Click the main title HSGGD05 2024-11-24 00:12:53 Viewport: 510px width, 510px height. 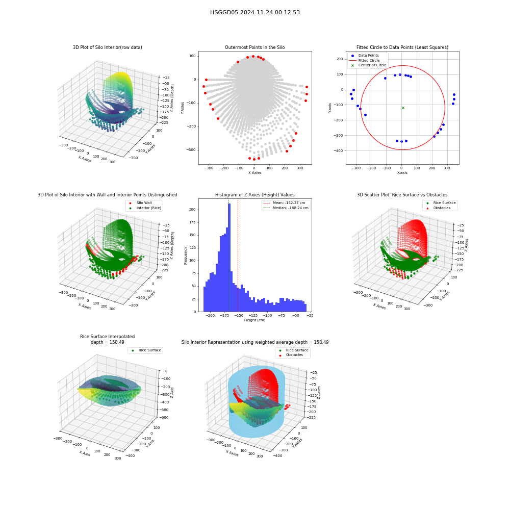pos(254,12)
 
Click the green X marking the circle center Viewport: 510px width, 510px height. pos(403,108)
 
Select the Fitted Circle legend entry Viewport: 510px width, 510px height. pos(364,61)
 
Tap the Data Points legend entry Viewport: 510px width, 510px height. pos(364,56)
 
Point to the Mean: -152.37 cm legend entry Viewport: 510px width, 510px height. pos(284,202)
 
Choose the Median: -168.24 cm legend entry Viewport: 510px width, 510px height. pos(286,208)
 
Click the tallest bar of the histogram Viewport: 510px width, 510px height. pos(229,258)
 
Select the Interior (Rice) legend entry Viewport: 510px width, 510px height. pos(145,208)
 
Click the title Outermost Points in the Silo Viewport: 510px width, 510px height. pos(254,47)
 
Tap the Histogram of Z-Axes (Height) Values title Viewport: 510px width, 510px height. pos(254,195)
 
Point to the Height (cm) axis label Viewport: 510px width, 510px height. pos(254,320)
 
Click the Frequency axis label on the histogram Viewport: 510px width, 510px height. pos(186,256)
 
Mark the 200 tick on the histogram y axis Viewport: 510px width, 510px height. pos(192,210)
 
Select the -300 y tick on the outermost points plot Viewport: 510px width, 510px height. pos(191,150)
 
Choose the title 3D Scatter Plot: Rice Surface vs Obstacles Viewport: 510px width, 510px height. pos(402,195)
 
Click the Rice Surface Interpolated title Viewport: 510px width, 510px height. pos(107,337)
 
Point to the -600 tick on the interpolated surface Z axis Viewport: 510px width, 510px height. pos(164,418)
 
